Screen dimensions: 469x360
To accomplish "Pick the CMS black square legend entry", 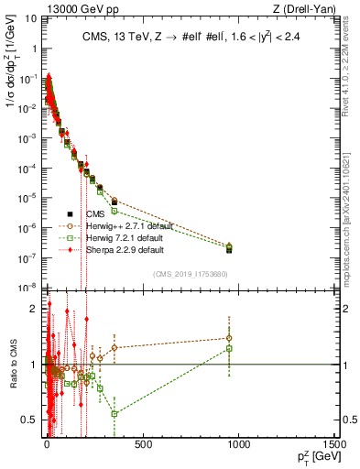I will [x=71, y=213].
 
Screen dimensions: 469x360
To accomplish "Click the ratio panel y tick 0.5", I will [x=30, y=420].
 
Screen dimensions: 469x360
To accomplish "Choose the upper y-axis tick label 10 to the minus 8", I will [x=27, y=288].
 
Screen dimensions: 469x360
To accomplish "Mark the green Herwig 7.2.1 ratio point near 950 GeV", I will [x=229, y=348].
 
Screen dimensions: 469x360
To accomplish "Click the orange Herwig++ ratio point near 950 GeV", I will [x=229, y=337].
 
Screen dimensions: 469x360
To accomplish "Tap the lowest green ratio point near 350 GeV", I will [x=114, y=413].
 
